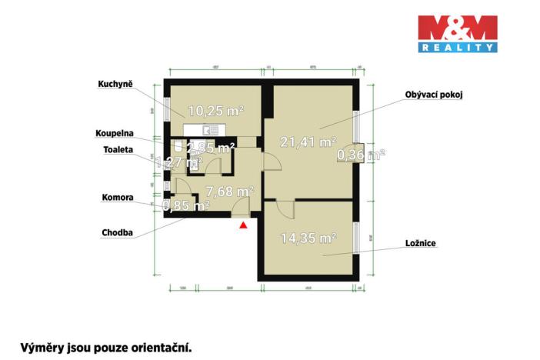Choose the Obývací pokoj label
click(434, 95)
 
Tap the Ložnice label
click(421, 244)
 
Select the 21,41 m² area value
click(301, 142)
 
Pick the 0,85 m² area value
click(185, 205)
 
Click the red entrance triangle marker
click(243, 225)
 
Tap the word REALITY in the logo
click(456, 48)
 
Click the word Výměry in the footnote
click(39, 347)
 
